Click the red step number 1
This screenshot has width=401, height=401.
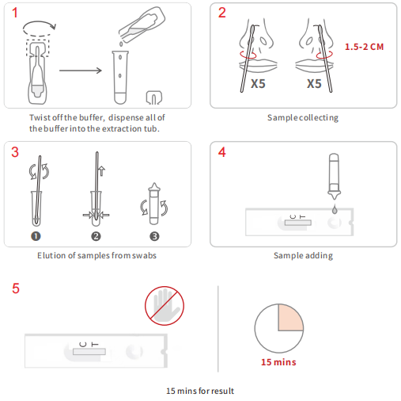click(15, 13)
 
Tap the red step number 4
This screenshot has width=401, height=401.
click(222, 152)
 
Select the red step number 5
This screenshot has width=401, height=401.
click(16, 288)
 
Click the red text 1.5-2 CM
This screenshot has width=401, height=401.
click(364, 47)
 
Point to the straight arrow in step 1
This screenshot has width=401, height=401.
click(81, 71)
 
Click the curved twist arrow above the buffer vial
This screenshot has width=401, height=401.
click(40, 29)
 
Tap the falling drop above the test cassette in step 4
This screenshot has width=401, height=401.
click(335, 209)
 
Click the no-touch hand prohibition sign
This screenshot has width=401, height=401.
click(165, 306)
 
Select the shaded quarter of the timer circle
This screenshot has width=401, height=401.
click(290, 317)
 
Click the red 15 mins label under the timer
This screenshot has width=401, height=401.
click(278, 362)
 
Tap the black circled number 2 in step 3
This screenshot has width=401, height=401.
click(96, 236)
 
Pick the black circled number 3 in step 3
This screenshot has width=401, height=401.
click(154, 236)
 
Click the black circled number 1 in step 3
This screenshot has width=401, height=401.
click(36, 236)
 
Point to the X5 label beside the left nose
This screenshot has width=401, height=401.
click(258, 84)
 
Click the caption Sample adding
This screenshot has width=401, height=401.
click(303, 256)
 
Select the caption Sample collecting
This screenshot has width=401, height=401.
click(303, 117)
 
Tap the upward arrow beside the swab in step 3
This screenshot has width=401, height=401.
click(102, 171)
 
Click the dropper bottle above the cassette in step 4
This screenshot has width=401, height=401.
click(334, 177)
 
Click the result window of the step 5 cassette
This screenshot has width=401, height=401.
click(89, 352)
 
